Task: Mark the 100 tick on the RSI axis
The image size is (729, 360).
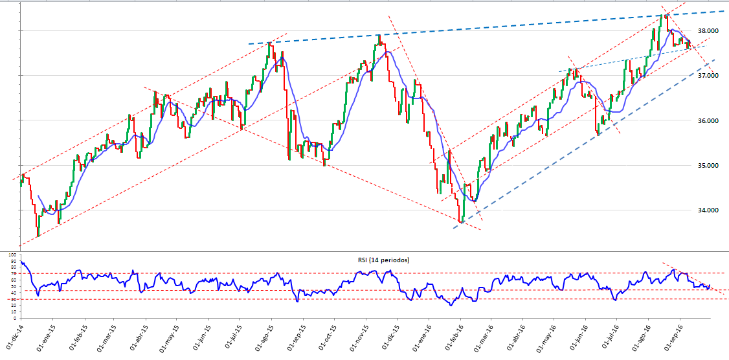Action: click(x=12, y=255)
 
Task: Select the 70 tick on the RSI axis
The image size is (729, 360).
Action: click(x=12, y=274)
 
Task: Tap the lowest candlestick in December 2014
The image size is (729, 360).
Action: click(x=38, y=236)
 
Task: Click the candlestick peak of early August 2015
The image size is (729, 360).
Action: click(x=269, y=44)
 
